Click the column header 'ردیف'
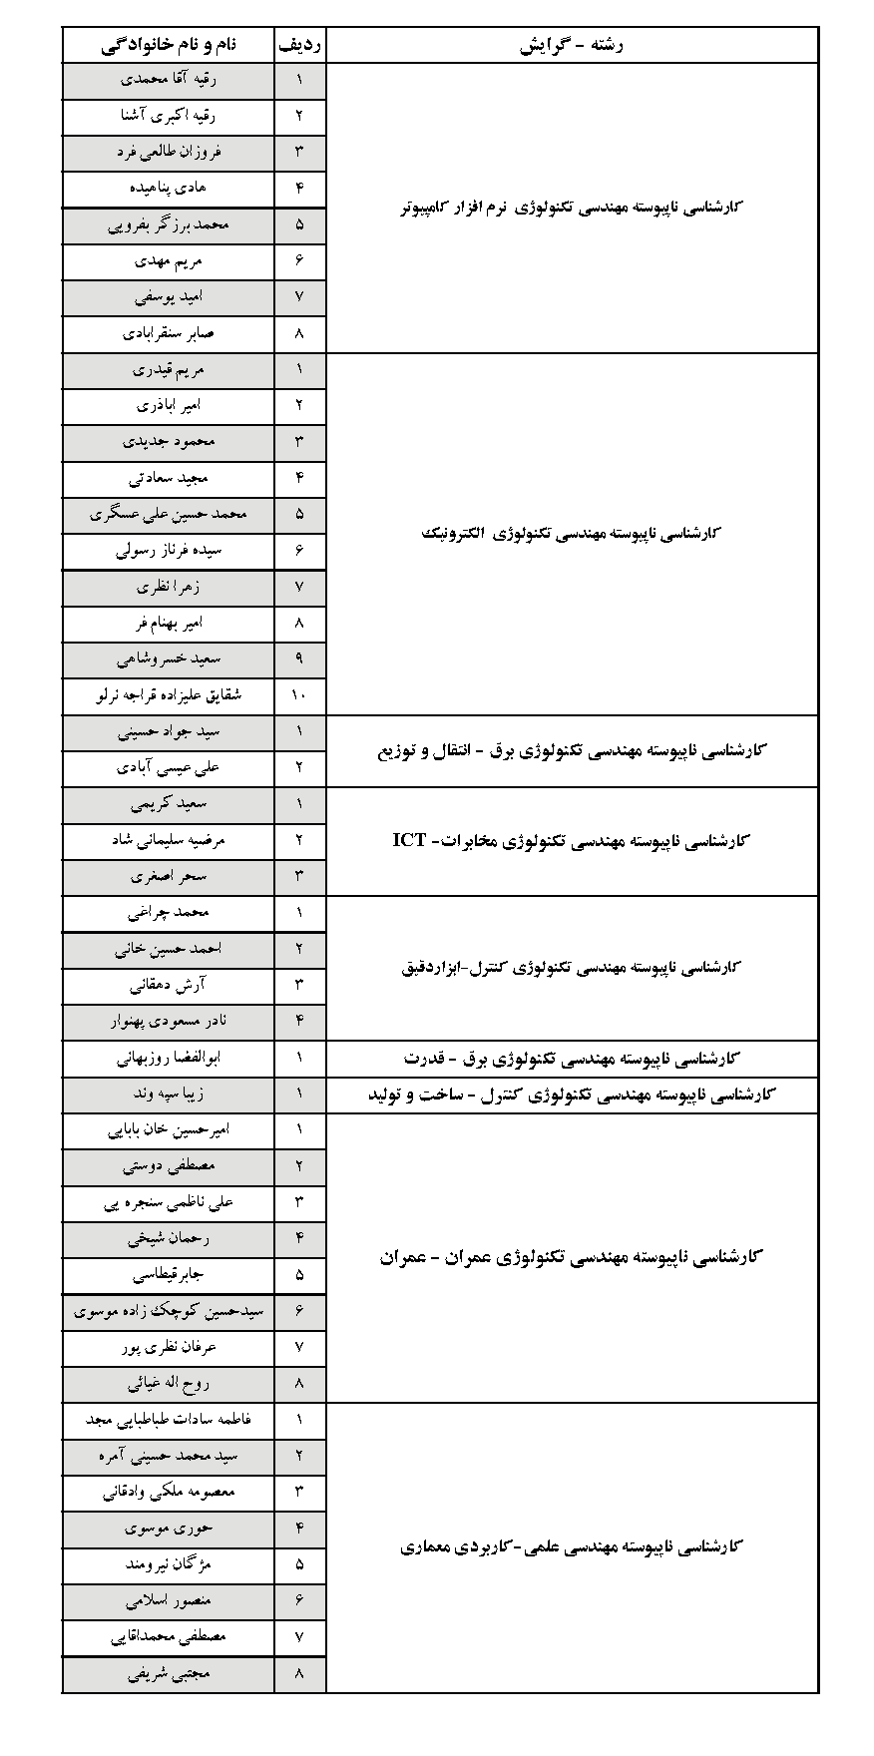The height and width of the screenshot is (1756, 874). pos(299,44)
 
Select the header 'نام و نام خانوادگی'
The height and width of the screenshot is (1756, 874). pos(170,44)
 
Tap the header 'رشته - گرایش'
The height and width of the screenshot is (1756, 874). pos(572,44)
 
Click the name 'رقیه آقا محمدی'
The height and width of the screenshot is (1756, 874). pos(170,79)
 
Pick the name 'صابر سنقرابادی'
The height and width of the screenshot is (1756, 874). pos(170,333)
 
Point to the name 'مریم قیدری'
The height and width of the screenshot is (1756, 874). pos(170,369)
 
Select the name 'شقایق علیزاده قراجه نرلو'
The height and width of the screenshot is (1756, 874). pos(170,695)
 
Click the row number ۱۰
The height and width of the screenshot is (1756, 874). pos(299,695)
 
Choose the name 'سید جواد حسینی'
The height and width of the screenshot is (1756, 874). pos(170,731)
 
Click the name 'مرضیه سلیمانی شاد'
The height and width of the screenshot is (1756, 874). pos(170,840)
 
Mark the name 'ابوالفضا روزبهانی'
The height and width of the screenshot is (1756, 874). pos(170,1058)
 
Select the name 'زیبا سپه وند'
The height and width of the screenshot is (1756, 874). pos(170,1095)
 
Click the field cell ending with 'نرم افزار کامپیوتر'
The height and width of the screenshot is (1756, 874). pos(572,207)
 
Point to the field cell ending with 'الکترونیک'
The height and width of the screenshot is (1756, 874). pos(572,533)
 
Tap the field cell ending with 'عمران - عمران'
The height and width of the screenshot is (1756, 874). pos(572,1257)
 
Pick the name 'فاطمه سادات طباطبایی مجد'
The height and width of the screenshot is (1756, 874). pos(170,1420)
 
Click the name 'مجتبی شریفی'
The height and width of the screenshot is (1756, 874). pos(170,1674)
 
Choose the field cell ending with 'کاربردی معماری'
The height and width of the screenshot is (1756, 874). pos(572,1547)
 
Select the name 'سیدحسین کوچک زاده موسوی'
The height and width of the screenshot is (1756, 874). pos(170,1312)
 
